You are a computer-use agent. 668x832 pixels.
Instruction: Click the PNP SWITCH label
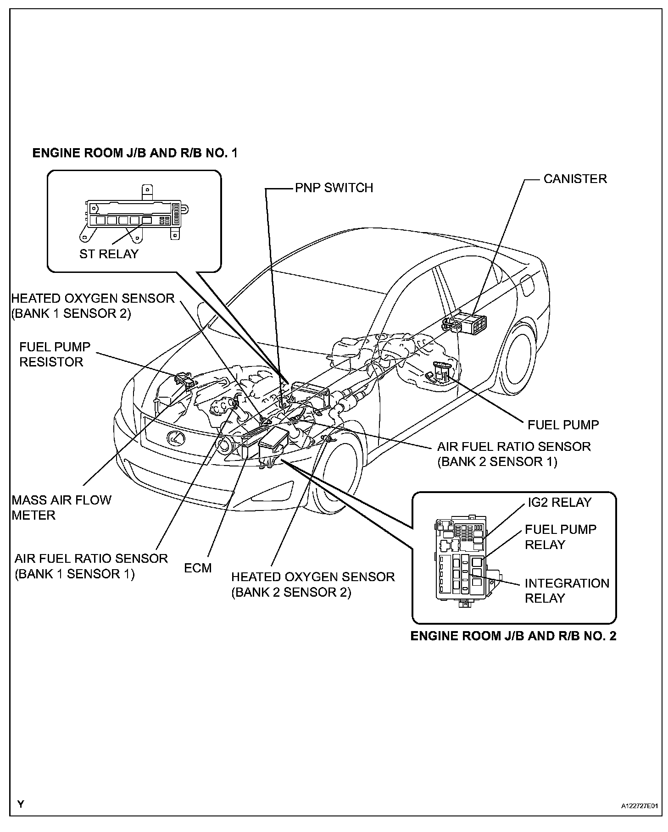[x=334, y=188]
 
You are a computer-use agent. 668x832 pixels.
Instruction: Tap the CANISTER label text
[x=575, y=179]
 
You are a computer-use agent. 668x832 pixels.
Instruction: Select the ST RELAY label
[x=109, y=254]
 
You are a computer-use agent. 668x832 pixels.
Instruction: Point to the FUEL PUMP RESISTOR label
[x=55, y=355]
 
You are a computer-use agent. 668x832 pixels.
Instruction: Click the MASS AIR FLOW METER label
[x=61, y=507]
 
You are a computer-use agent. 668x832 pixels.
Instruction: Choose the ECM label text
[x=198, y=568]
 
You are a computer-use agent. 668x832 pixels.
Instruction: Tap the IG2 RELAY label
[x=559, y=502]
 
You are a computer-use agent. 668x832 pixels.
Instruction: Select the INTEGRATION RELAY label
[x=567, y=591]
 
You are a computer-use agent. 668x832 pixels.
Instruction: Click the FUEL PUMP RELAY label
[x=560, y=537]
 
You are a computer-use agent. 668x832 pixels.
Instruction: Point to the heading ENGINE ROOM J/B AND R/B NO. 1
[x=135, y=153]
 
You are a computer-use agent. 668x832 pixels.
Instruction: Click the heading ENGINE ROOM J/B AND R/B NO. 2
[x=513, y=637]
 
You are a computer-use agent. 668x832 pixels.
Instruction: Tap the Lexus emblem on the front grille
[x=175, y=438]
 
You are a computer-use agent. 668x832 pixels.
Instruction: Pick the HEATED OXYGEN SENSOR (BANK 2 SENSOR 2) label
[x=313, y=585]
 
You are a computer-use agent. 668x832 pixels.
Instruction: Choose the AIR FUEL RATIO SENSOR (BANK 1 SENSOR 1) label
[x=91, y=566]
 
